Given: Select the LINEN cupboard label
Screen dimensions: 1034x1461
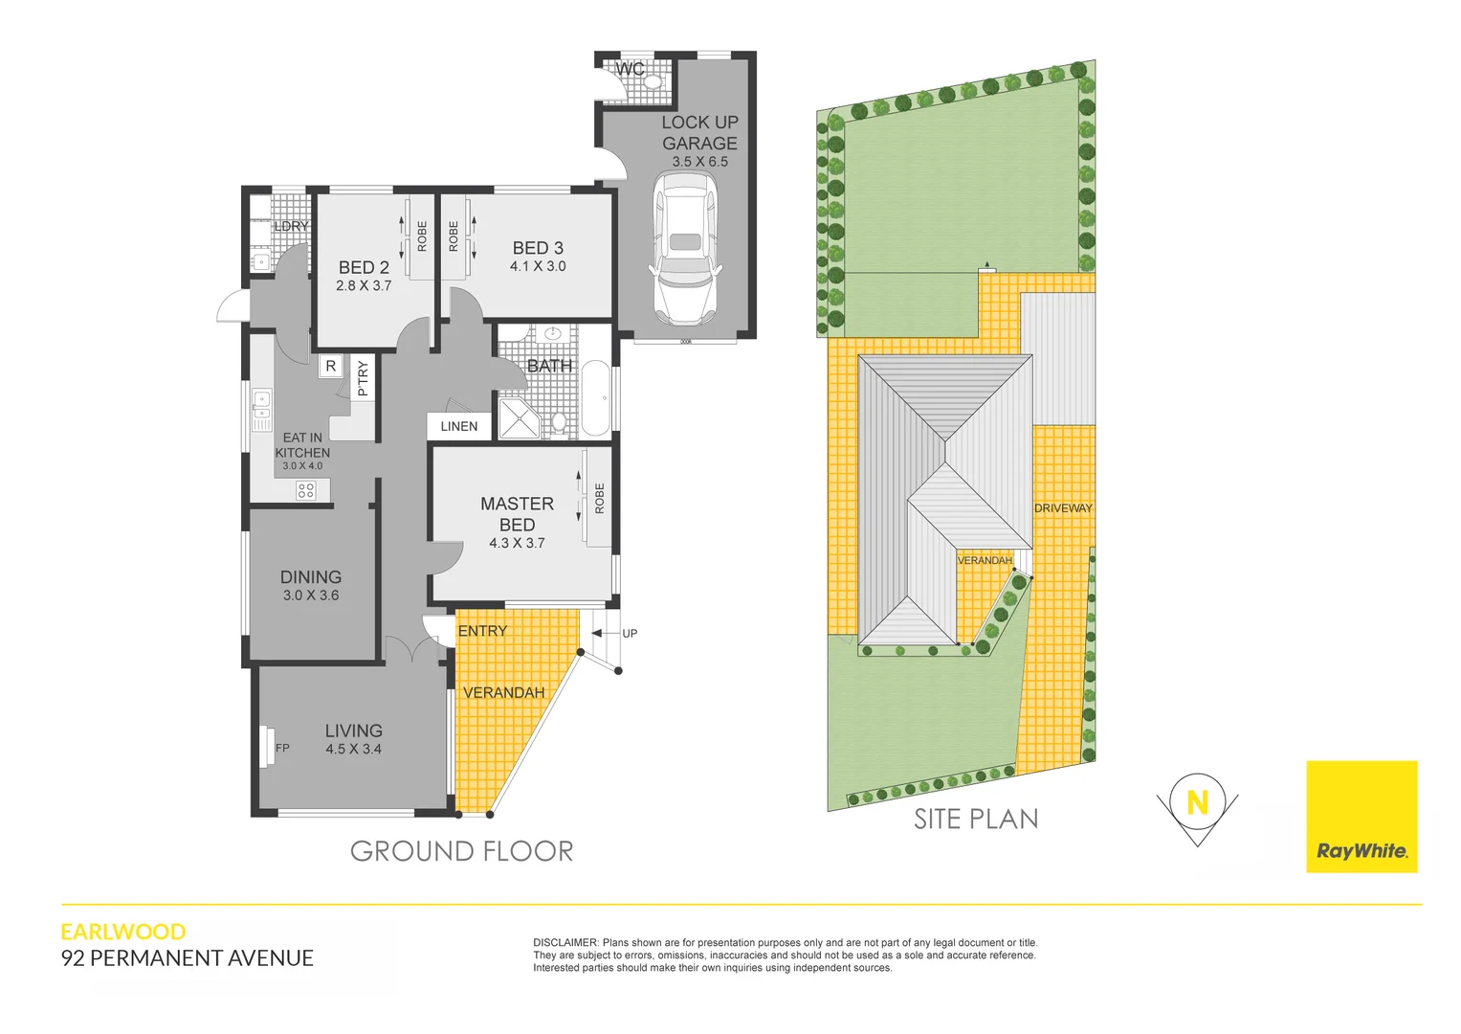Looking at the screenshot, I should click(x=459, y=426).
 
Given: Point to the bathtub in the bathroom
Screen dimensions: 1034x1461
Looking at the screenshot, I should click(x=596, y=398).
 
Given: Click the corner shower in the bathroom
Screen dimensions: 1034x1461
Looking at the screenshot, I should click(x=518, y=418).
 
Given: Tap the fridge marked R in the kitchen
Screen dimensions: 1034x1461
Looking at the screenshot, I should click(x=330, y=366).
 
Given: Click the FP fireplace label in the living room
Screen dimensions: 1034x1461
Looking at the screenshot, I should click(x=282, y=748).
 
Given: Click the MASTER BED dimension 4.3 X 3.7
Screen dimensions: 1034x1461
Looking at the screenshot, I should click(x=517, y=543).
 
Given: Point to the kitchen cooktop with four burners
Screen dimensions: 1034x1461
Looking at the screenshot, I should click(x=306, y=490).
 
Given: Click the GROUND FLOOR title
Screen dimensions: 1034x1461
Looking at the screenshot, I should click(x=461, y=851).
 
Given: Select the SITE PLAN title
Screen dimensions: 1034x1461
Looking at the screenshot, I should click(x=975, y=820).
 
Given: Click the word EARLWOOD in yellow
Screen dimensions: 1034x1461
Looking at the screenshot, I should click(x=123, y=932).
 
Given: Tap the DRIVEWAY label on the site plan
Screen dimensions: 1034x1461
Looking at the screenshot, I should click(x=1063, y=508).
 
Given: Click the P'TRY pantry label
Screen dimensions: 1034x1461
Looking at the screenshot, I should click(x=363, y=378).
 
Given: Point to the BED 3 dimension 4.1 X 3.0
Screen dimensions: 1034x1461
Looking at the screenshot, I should click(x=538, y=266).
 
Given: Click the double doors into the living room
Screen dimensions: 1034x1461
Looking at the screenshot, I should click(x=413, y=650).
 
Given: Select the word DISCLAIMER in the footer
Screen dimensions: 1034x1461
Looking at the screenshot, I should click(x=564, y=943).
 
